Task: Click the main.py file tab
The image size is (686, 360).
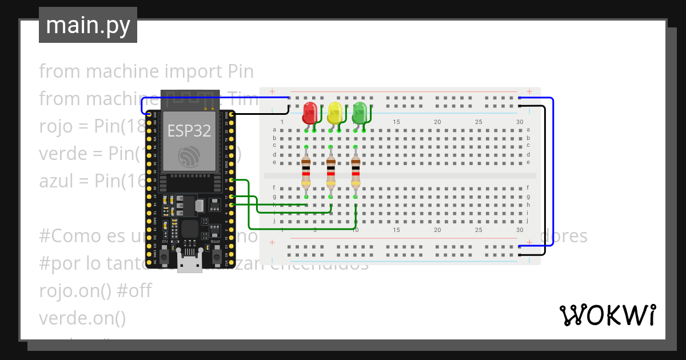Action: [x=87, y=25]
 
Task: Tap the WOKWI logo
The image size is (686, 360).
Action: [x=607, y=315]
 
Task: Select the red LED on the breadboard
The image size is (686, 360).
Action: [x=310, y=113]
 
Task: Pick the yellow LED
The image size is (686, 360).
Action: [x=335, y=113]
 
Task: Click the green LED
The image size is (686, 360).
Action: [x=360, y=113]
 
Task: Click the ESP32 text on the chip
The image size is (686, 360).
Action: [x=189, y=130]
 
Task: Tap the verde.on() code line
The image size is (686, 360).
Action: [x=82, y=318]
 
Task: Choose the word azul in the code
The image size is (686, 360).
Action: [x=55, y=181]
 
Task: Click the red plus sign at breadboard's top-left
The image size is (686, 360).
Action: [x=272, y=91]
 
